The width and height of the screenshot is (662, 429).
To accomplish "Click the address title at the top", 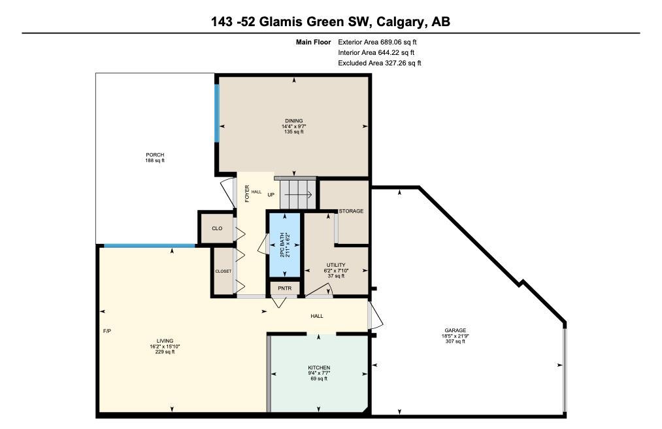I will point(331,22).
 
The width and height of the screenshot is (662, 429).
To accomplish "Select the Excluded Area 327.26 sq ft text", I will point(379,63).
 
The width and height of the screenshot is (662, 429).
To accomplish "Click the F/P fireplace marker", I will point(107,331).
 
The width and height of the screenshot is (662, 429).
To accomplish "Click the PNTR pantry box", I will point(284,288).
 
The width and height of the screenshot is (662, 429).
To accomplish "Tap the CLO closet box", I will point(216,228).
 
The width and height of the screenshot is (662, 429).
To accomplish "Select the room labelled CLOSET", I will point(223,271).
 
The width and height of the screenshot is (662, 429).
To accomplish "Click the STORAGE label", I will point(351,211).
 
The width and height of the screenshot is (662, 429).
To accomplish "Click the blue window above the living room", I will point(150,246).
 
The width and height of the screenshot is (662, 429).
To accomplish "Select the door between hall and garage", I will point(374,316).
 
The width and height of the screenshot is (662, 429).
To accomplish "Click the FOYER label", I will point(247,194).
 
